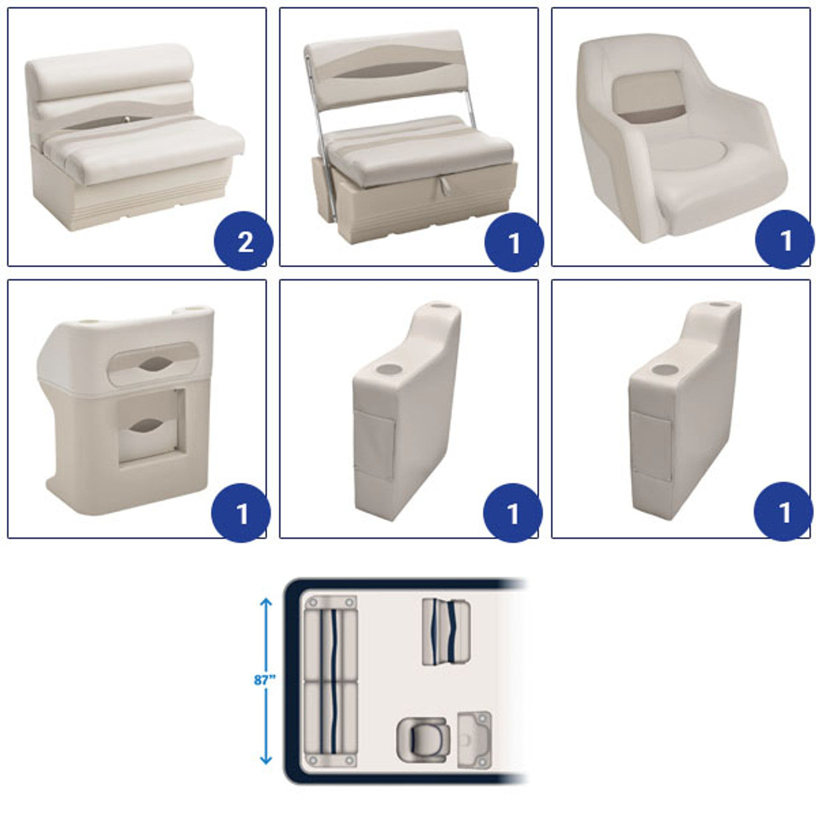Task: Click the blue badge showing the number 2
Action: (244, 240)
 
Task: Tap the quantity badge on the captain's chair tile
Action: (784, 240)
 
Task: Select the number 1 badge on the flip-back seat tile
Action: (514, 242)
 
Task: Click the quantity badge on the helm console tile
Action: (241, 513)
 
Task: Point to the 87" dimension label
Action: (265, 680)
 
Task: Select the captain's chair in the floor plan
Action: (421, 740)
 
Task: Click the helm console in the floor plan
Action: (474, 739)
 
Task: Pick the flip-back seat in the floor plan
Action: (446, 632)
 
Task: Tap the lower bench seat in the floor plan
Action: (330, 724)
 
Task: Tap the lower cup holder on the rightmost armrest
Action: (665, 370)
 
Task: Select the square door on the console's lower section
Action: (150, 426)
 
